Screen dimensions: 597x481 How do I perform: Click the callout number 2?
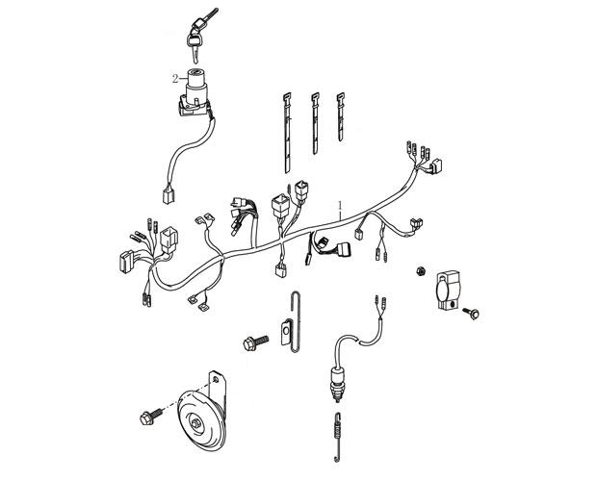(x=175, y=79)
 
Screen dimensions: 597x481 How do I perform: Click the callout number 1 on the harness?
(x=340, y=206)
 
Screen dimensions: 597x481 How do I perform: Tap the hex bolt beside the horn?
(x=151, y=417)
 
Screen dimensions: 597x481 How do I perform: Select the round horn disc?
(x=202, y=421)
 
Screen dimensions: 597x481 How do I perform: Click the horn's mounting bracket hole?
(x=216, y=379)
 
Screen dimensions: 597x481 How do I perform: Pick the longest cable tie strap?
(x=287, y=133)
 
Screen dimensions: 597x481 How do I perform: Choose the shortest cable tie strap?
(x=340, y=116)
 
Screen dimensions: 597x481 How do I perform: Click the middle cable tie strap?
(x=315, y=123)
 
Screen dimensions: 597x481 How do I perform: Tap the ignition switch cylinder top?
(x=196, y=72)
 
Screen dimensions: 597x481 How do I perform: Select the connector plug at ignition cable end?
(x=168, y=195)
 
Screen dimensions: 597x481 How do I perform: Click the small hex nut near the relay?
(x=421, y=271)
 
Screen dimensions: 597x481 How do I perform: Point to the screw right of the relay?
(x=472, y=314)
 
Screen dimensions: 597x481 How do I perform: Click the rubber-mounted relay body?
(x=448, y=290)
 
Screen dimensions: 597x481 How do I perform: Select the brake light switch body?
(x=335, y=383)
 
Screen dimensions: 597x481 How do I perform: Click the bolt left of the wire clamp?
(x=256, y=342)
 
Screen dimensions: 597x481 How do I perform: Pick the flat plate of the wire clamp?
(x=286, y=332)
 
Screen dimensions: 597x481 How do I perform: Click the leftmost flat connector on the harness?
(x=126, y=262)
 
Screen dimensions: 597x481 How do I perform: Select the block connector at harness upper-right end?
(x=436, y=166)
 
